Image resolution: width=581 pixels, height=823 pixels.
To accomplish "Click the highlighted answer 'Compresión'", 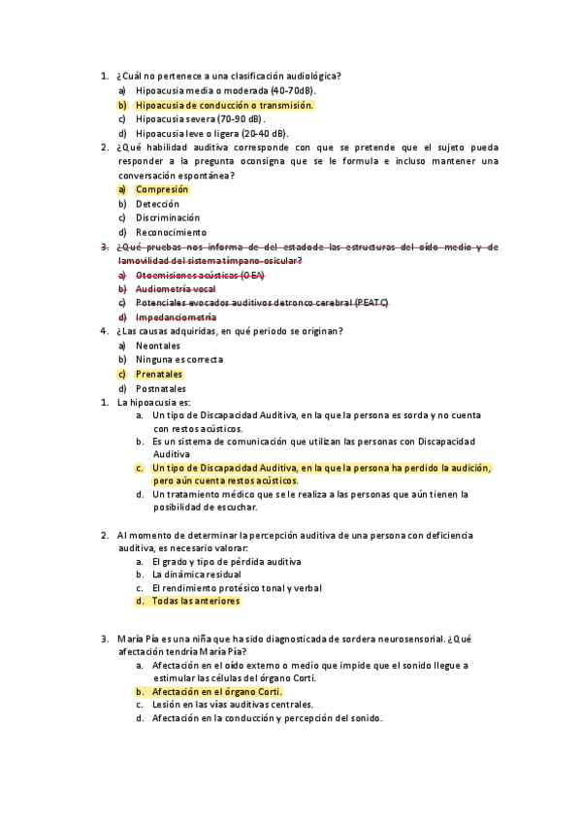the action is (x=162, y=189).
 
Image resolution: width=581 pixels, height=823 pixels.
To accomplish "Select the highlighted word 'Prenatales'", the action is (x=159, y=374).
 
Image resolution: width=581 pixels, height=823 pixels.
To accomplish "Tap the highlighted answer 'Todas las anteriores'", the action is (x=195, y=601).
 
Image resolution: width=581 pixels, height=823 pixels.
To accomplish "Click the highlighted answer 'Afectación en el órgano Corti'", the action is (x=216, y=692).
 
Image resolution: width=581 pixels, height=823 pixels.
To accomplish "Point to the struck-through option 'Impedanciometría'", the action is (x=177, y=317).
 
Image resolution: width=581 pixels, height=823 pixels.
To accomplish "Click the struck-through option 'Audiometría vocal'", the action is (x=176, y=289).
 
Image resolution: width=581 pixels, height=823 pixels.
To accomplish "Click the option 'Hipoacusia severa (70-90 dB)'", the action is (x=200, y=118).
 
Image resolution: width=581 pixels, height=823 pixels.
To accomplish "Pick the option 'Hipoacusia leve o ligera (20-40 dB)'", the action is (x=211, y=133).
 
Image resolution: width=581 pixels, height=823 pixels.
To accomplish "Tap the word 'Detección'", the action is (x=158, y=204).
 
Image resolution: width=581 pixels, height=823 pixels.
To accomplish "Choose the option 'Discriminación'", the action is (x=168, y=218).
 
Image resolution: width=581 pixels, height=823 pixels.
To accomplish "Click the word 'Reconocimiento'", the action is (x=172, y=233).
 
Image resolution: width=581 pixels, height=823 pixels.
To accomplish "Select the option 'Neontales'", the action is (x=158, y=346).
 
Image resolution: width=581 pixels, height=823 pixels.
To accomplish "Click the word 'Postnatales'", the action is (x=161, y=388).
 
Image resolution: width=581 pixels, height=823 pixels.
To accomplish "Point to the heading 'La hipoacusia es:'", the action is (x=153, y=402).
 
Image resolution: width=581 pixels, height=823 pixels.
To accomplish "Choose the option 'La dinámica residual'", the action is (x=197, y=575).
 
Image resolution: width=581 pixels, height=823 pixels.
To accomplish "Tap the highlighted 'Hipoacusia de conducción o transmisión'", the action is (x=225, y=105).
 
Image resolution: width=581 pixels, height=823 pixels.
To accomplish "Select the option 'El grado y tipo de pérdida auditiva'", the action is (x=226, y=561).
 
